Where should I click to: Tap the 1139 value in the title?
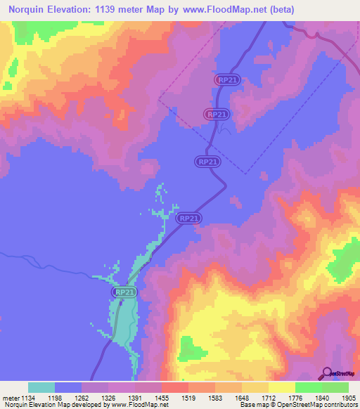click(132, 10)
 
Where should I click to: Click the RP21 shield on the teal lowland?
click(124, 292)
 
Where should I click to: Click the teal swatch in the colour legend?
click(41, 387)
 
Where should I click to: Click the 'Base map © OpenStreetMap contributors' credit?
click(298, 405)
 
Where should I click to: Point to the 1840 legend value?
click(317, 398)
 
